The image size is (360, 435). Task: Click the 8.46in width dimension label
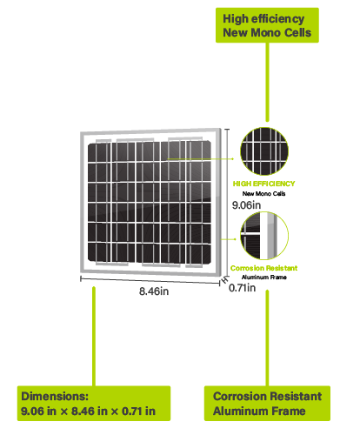pyautogui.click(x=154, y=291)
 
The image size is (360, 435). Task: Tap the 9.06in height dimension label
pyautogui.click(x=246, y=205)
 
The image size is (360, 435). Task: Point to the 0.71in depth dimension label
pyautogui.click(x=243, y=288)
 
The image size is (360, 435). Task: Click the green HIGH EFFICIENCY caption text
pyautogui.click(x=263, y=184)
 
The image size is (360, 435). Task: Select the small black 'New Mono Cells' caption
pyautogui.click(x=263, y=193)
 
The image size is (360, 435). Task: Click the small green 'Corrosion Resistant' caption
pyautogui.click(x=263, y=268)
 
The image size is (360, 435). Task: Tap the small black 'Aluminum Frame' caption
pyautogui.click(x=264, y=278)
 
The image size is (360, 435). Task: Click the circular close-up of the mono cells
pyautogui.click(x=264, y=151)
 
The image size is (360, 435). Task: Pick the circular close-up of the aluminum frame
pyautogui.click(x=264, y=236)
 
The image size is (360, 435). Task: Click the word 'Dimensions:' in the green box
pyautogui.click(x=55, y=396)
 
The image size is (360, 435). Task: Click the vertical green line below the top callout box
pyautogui.click(x=267, y=82)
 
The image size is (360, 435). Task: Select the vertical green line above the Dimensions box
pyautogui.click(x=94, y=337)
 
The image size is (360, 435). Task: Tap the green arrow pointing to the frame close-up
pyautogui.click(x=229, y=239)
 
